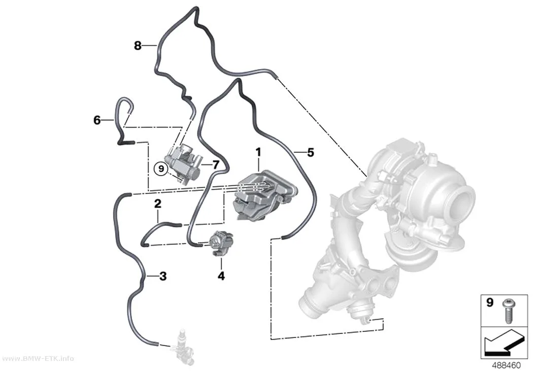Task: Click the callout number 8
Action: click(x=138, y=45)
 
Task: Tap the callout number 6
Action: click(x=97, y=120)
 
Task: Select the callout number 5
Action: click(x=310, y=153)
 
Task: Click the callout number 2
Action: click(x=158, y=204)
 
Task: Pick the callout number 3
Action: click(x=163, y=276)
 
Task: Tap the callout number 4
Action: click(x=221, y=276)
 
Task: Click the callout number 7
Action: click(x=216, y=165)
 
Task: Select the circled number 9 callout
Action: click(x=161, y=168)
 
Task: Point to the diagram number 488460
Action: click(x=507, y=365)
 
